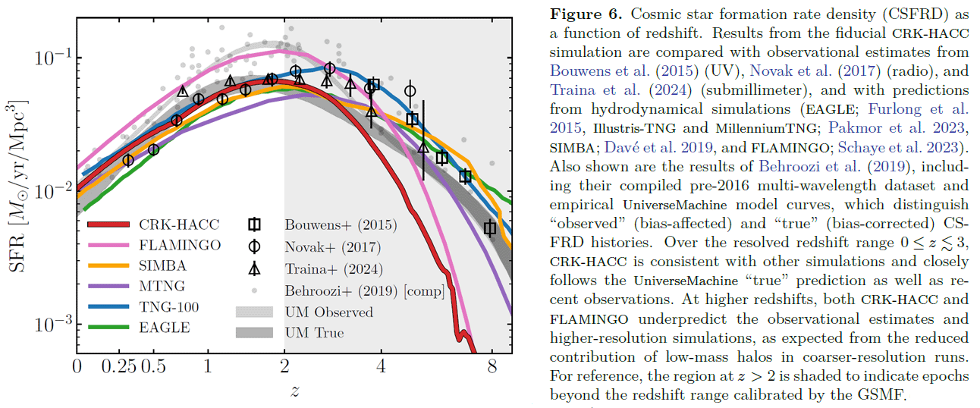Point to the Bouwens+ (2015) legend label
click(341, 225)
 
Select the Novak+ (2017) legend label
click(333, 246)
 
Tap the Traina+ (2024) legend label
click(334, 268)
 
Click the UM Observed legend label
click(329, 312)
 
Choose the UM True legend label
click(314, 333)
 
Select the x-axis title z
click(294, 391)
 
